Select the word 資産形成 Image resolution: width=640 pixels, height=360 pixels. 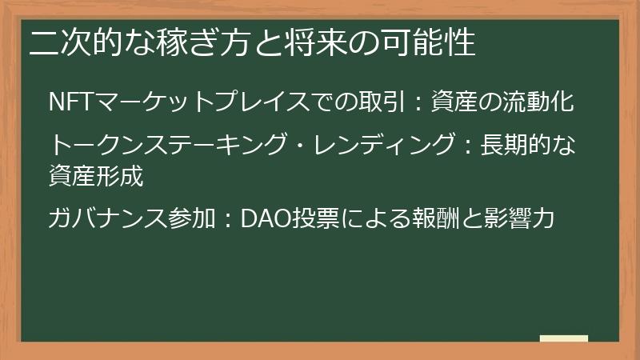pyautogui.click(x=96, y=175)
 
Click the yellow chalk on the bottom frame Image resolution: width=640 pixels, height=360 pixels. pyautogui.click(x=563, y=338)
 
